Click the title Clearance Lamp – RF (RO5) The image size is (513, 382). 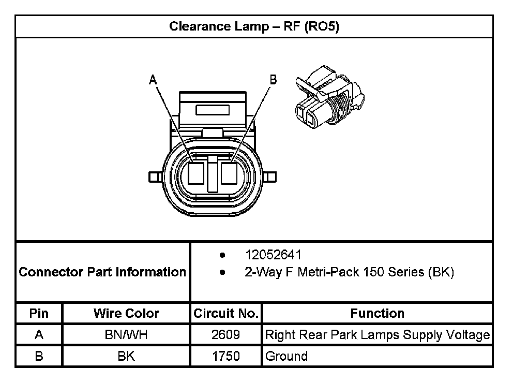pyautogui.click(x=254, y=26)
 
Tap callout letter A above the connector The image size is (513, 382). pyautogui.click(x=153, y=79)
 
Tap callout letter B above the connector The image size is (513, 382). pyautogui.click(x=273, y=79)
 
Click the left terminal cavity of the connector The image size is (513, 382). pyautogui.click(x=197, y=173)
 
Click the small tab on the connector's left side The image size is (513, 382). pyautogui.click(x=153, y=177)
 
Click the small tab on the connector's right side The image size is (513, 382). pyautogui.click(x=270, y=177)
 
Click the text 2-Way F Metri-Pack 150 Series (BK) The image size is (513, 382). pyautogui.click(x=349, y=272)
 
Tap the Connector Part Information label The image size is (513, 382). pyautogui.click(x=102, y=272)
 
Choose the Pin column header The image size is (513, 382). pyautogui.click(x=39, y=313)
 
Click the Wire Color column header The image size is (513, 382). pyautogui.click(x=126, y=313)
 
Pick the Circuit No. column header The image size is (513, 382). pyautogui.click(x=225, y=313)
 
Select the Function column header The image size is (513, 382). pyautogui.click(x=377, y=313)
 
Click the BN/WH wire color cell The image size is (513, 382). pyautogui.click(x=126, y=335)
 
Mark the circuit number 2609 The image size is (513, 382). pyautogui.click(x=225, y=335)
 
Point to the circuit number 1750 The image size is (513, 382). pyautogui.click(x=225, y=356)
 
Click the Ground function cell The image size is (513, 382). pyautogui.click(x=286, y=356)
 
